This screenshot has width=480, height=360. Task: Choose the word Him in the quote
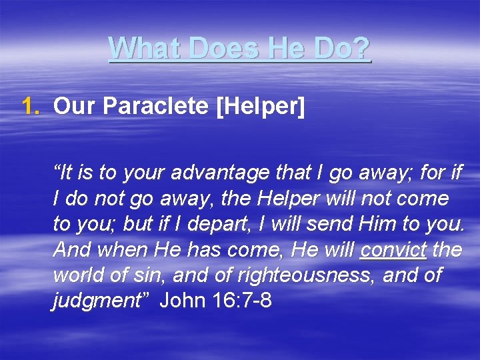(377, 225)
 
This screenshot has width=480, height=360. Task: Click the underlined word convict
(393, 250)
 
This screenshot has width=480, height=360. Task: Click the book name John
(183, 301)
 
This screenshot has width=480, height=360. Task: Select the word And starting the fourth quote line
(70, 250)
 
